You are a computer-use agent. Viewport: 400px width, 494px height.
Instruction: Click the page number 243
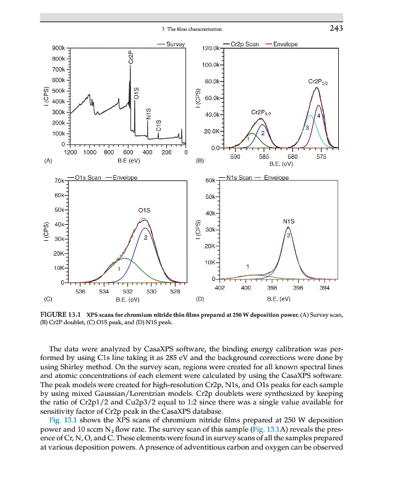tap(336, 28)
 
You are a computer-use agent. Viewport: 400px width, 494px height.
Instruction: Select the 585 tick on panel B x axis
tap(264, 158)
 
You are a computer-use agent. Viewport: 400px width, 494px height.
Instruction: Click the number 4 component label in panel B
tap(318, 115)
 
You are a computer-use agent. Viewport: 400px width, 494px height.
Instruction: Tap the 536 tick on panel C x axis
tap(80, 290)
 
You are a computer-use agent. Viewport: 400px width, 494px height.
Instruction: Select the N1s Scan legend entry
tap(239, 178)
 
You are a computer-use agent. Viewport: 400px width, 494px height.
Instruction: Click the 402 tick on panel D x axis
tap(218, 288)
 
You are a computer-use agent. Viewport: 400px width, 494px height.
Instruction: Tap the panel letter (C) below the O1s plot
tap(47, 299)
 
